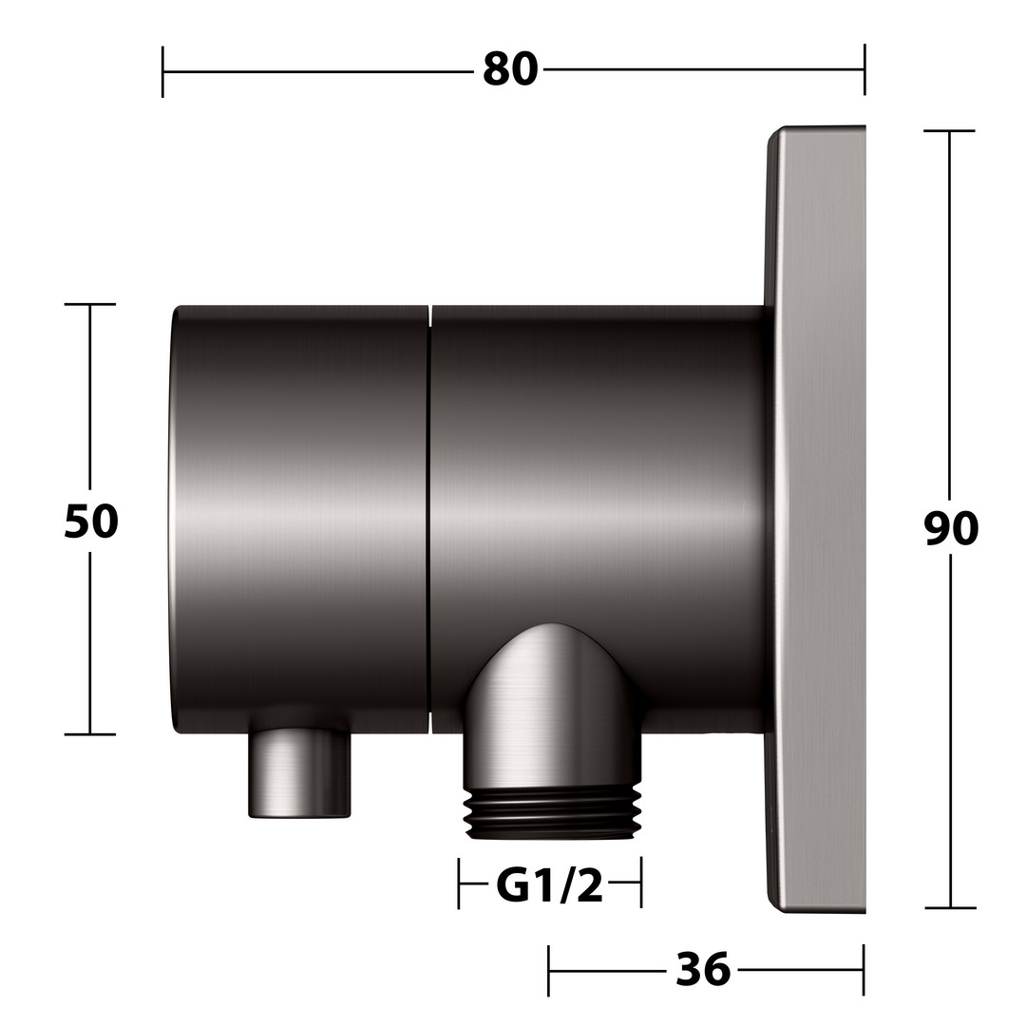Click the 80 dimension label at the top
pyautogui.click(x=510, y=69)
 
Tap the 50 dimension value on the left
pyautogui.click(x=91, y=521)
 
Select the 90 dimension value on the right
pyautogui.click(x=951, y=528)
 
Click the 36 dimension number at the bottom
pyautogui.click(x=703, y=969)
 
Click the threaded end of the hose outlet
pyautogui.click(x=553, y=810)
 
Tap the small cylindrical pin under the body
pyautogui.click(x=299, y=772)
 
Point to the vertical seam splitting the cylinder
pyautogui.click(x=429, y=519)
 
